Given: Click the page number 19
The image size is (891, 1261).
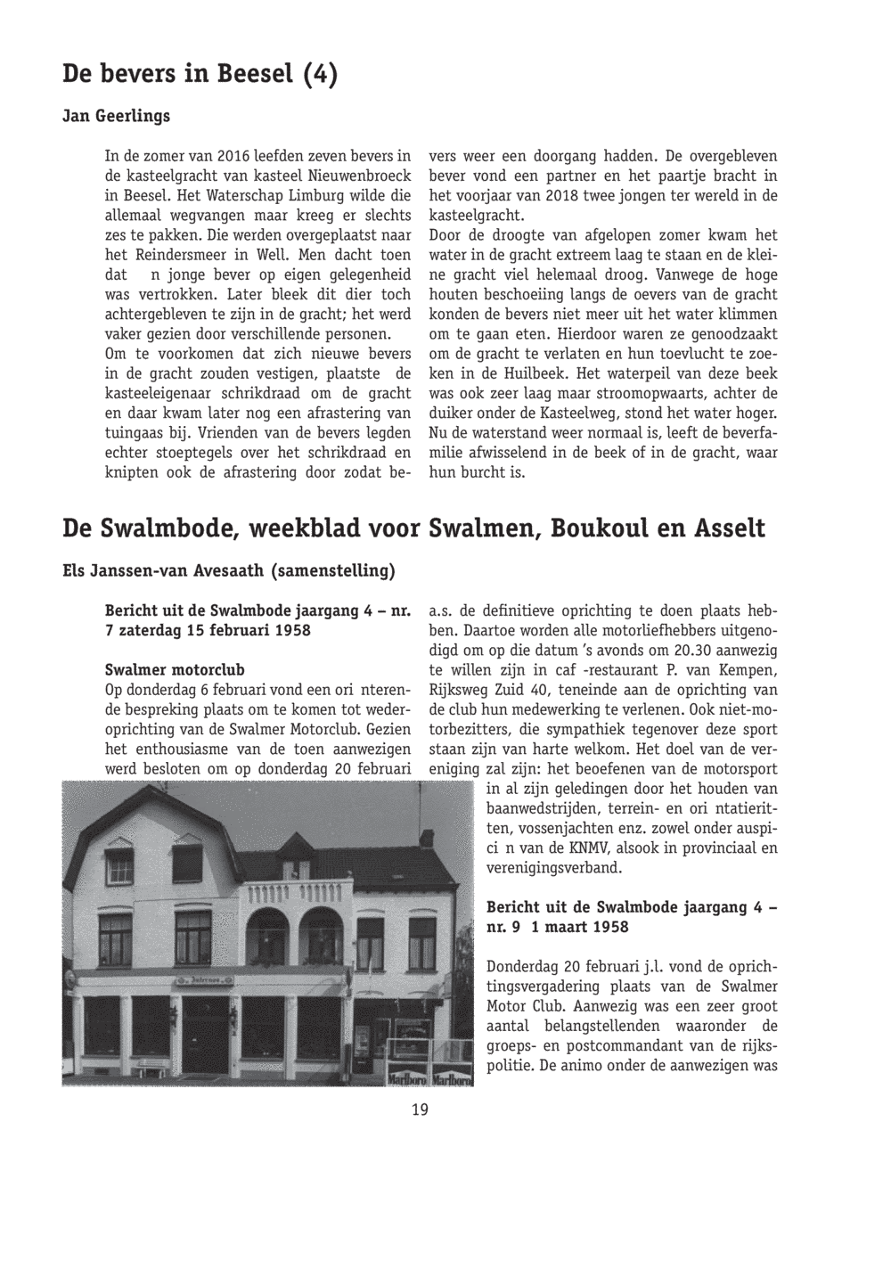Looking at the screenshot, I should pos(420,1110).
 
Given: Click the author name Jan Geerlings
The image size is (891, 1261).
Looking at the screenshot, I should pos(116,117).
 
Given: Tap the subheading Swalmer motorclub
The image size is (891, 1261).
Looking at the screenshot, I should pos(175,669).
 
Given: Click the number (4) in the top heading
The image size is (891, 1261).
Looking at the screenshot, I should pos(319,75).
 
